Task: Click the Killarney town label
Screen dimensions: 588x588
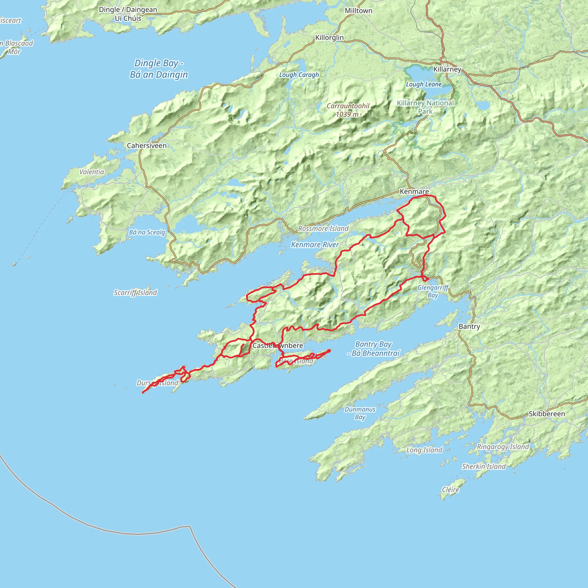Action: (x=447, y=69)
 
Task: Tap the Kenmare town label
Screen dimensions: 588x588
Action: (x=414, y=192)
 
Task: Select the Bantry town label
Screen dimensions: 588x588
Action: (x=469, y=326)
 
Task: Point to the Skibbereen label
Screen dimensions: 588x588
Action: (x=547, y=414)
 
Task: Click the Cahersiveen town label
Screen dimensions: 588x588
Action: (x=147, y=146)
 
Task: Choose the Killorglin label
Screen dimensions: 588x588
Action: (x=329, y=37)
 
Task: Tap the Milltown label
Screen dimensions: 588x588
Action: (x=358, y=11)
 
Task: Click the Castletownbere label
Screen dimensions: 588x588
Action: (x=278, y=345)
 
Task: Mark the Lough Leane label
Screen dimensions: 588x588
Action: (x=424, y=84)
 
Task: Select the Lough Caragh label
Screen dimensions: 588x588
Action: (x=299, y=75)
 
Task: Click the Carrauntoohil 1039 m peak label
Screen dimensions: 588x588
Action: (x=348, y=110)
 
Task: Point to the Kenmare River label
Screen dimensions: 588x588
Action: (x=315, y=245)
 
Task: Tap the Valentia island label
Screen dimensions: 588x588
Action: (x=92, y=172)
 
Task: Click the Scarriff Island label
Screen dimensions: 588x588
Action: (x=135, y=293)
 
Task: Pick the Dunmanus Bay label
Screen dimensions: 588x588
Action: (x=360, y=413)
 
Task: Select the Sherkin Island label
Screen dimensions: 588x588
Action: (x=483, y=467)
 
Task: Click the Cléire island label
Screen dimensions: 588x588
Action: (x=450, y=490)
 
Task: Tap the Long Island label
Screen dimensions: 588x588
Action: (x=424, y=450)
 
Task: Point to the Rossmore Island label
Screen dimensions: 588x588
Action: (x=323, y=229)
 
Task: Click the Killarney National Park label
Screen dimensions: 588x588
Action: (x=425, y=107)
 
